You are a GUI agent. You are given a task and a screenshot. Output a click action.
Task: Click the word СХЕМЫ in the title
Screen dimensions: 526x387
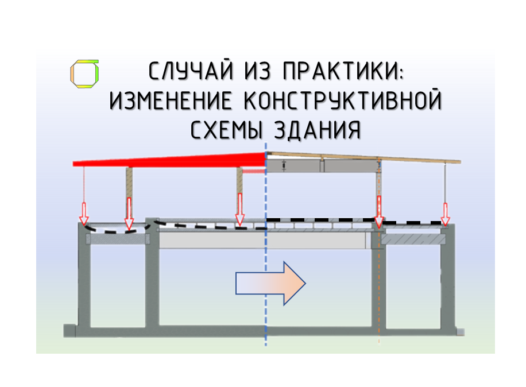coord(224,130)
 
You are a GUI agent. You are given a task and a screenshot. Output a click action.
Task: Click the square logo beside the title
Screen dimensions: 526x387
coord(84,74)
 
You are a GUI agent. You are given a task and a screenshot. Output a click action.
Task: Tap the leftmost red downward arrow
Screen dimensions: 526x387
coord(84,213)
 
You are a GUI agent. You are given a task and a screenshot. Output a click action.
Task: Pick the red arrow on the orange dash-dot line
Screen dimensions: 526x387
coord(379,212)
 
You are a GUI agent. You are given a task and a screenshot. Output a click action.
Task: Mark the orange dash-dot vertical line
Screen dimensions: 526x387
coord(379,299)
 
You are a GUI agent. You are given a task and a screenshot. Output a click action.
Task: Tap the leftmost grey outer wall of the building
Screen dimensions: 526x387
coord(84,281)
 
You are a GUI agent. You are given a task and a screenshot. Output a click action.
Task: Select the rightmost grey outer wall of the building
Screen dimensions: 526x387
coord(447,281)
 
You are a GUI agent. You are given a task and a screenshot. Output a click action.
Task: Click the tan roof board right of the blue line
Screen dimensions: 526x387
coord(368,157)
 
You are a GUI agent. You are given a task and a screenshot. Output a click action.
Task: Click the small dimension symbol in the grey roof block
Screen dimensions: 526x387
coord(284,166)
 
